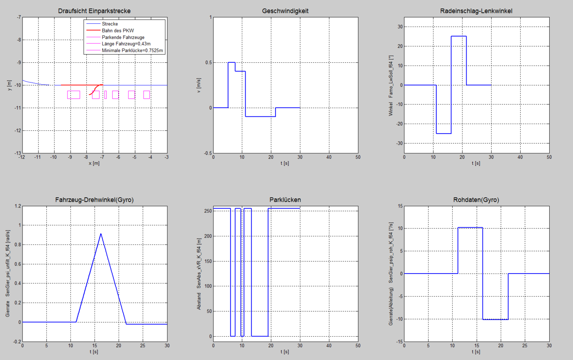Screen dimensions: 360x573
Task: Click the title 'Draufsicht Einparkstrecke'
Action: click(x=94, y=11)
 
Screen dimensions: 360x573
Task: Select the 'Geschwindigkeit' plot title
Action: click(x=285, y=11)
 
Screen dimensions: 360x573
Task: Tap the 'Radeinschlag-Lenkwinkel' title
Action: click(x=476, y=11)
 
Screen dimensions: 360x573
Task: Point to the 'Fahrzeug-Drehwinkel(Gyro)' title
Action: click(x=94, y=200)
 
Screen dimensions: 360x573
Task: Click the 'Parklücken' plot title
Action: click(x=285, y=200)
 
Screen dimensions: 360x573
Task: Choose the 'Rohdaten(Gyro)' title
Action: click(x=476, y=200)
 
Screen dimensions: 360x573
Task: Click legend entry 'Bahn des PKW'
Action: click(x=117, y=31)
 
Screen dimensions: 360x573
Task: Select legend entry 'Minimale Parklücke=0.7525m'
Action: click(x=132, y=51)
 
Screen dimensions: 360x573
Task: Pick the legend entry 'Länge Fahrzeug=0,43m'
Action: click(x=126, y=44)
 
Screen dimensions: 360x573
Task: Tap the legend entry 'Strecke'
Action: click(x=110, y=24)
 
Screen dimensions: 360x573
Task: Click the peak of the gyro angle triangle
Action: click(x=101, y=234)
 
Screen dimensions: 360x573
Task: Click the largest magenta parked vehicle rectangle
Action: click(x=74, y=95)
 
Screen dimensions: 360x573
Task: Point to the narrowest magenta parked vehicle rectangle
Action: click(x=106, y=95)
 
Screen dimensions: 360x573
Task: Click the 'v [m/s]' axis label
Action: click(x=199, y=85)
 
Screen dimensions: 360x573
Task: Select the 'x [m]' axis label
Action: click(x=94, y=163)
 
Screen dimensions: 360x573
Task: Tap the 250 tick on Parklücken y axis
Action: click(x=208, y=211)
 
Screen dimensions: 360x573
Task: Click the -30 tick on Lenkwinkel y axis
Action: click(x=399, y=143)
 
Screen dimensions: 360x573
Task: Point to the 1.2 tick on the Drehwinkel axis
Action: click(x=17, y=206)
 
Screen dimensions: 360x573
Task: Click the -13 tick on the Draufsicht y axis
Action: click(x=18, y=153)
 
